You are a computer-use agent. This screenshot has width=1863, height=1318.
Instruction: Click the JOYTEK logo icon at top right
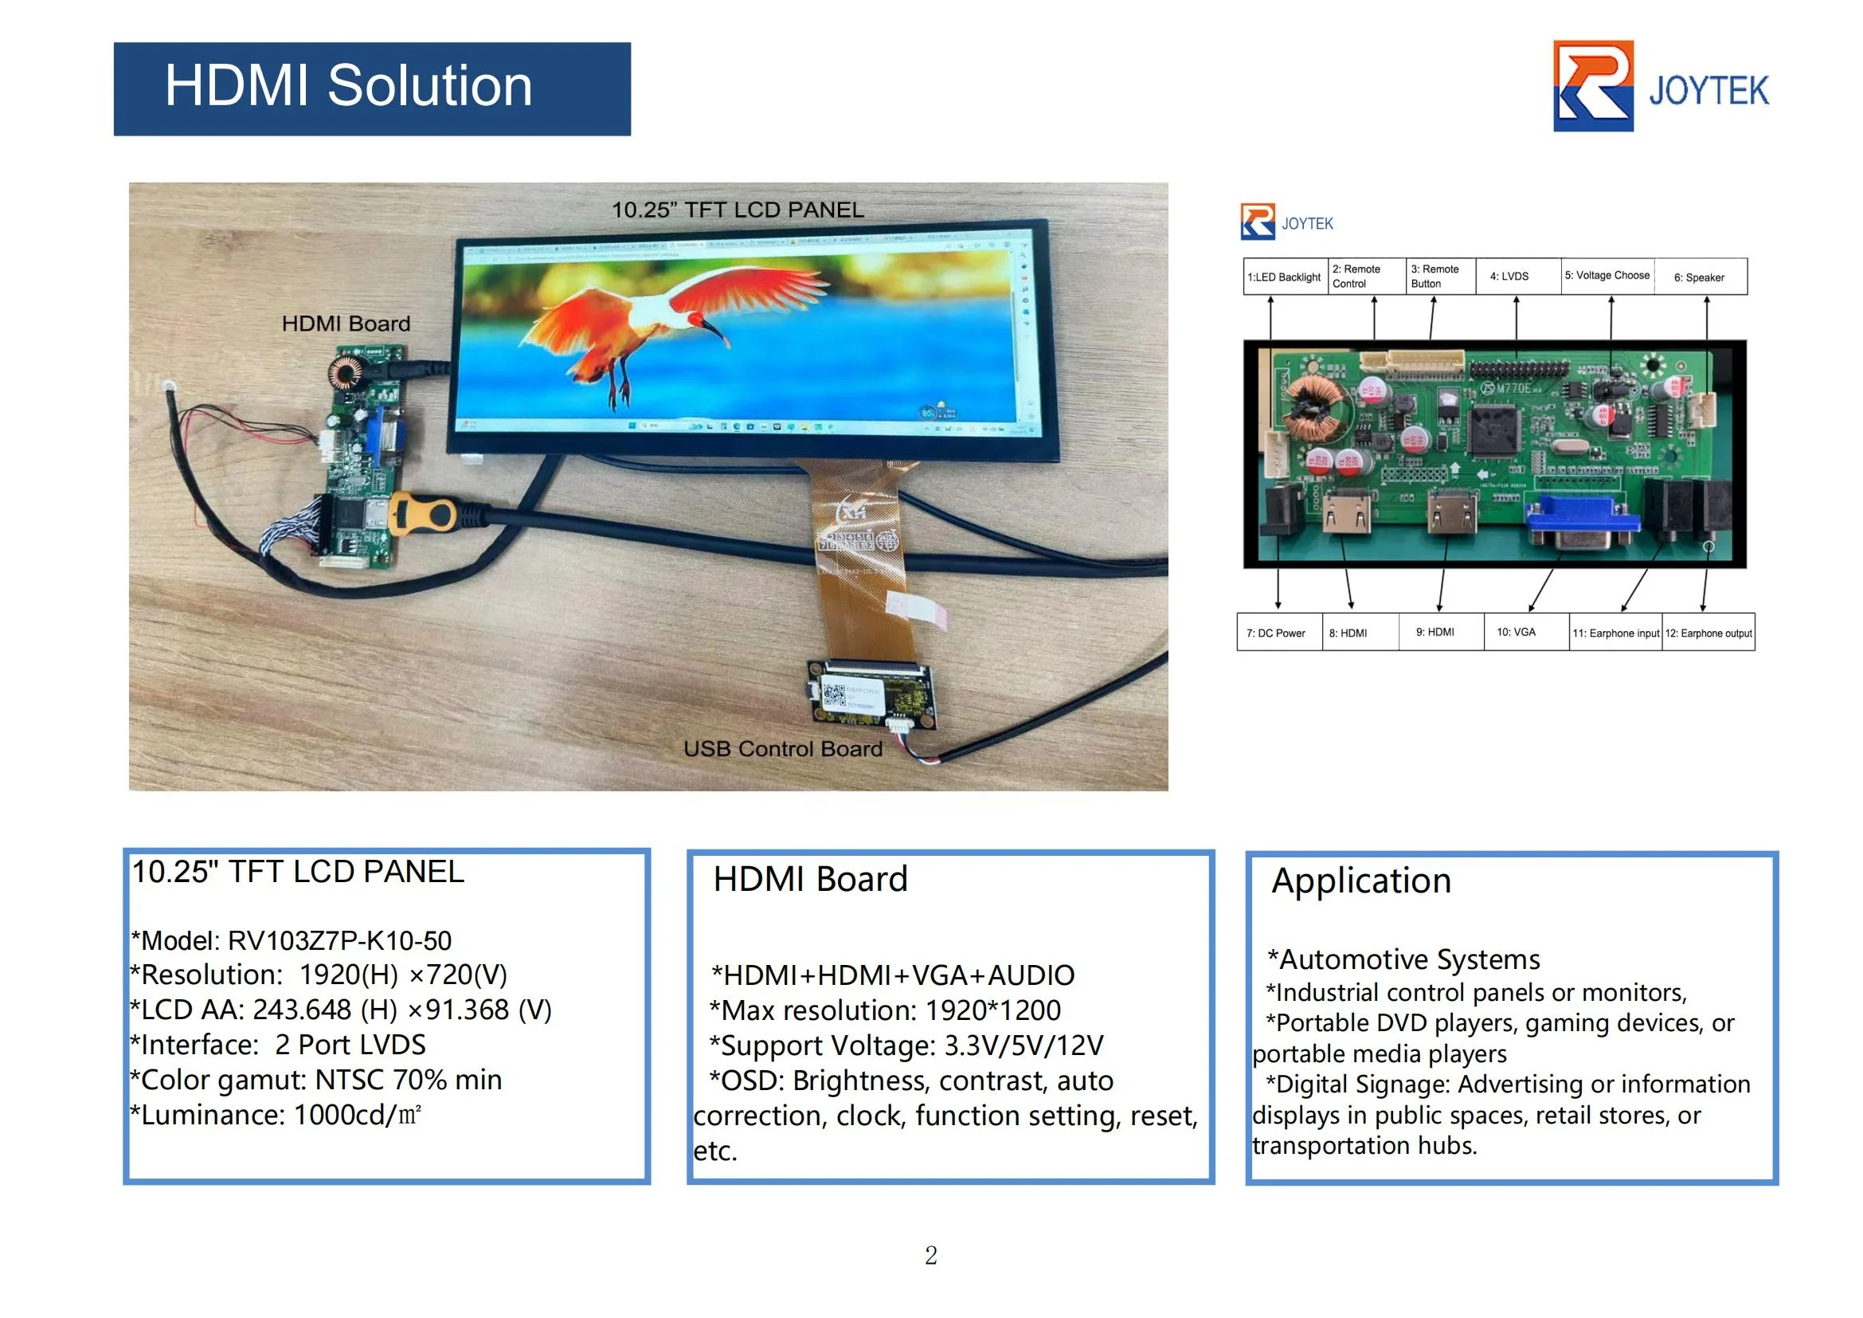[x=1592, y=86]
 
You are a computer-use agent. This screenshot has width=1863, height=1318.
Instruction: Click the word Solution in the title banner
[x=429, y=86]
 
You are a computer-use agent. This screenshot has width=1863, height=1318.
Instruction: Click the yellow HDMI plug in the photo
[x=424, y=514]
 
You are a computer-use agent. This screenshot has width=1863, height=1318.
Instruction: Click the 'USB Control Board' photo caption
[x=782, y=748]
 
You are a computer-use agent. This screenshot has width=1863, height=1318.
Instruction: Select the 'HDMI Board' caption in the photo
[x=346, y=324]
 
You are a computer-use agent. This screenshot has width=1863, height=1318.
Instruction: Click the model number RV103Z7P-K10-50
[x=339, y=940]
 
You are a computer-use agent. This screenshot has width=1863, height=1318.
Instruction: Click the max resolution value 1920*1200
[x=992, y=1010]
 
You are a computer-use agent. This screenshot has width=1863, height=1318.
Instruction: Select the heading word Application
[x=1361, y=881]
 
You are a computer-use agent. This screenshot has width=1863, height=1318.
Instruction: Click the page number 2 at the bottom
[x=930, y=1256]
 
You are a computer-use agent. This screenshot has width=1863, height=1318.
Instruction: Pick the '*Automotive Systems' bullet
[x=1403, y=959]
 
